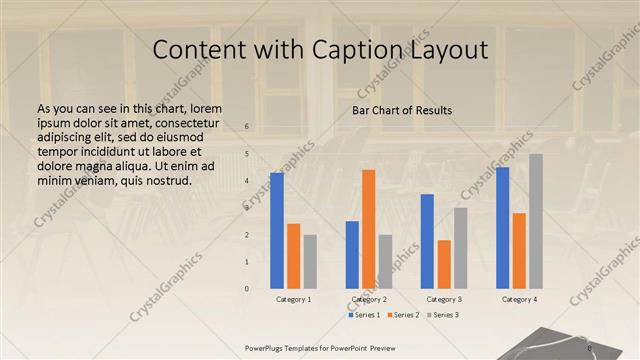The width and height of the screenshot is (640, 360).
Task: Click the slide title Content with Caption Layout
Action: pos(320,49)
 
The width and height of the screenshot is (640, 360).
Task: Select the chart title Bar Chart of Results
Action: pos(401,110)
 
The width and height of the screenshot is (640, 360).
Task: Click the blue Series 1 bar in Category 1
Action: pos(277,230)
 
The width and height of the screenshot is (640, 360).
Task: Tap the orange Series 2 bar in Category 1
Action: pos(294,256)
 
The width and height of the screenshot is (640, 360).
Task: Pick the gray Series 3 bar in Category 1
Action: pos(310,261)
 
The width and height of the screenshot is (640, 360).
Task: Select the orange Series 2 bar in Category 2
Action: pos(369,229)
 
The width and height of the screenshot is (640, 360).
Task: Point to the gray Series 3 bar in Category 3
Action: pos(460,248)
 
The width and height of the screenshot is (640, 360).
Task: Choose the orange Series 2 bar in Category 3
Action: pos(444,264)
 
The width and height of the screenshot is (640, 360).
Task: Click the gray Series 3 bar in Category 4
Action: pos(536,221)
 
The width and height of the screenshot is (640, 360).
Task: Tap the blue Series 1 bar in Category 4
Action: pos(502,227)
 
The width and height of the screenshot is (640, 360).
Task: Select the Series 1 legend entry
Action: pos(365,315)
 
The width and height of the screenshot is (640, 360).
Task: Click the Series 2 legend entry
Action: pos(403,315)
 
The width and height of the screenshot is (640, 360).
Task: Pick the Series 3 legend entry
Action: pos(441,315)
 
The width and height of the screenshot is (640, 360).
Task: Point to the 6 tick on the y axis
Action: pos(247,127)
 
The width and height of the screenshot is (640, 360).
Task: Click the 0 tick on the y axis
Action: pos(247,289)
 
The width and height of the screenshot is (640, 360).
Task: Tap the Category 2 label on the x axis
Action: pos(369,299)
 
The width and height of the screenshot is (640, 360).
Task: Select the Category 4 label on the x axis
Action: pos(519,299)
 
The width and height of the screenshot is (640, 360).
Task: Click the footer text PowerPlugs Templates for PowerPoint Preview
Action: pos(320,348)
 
